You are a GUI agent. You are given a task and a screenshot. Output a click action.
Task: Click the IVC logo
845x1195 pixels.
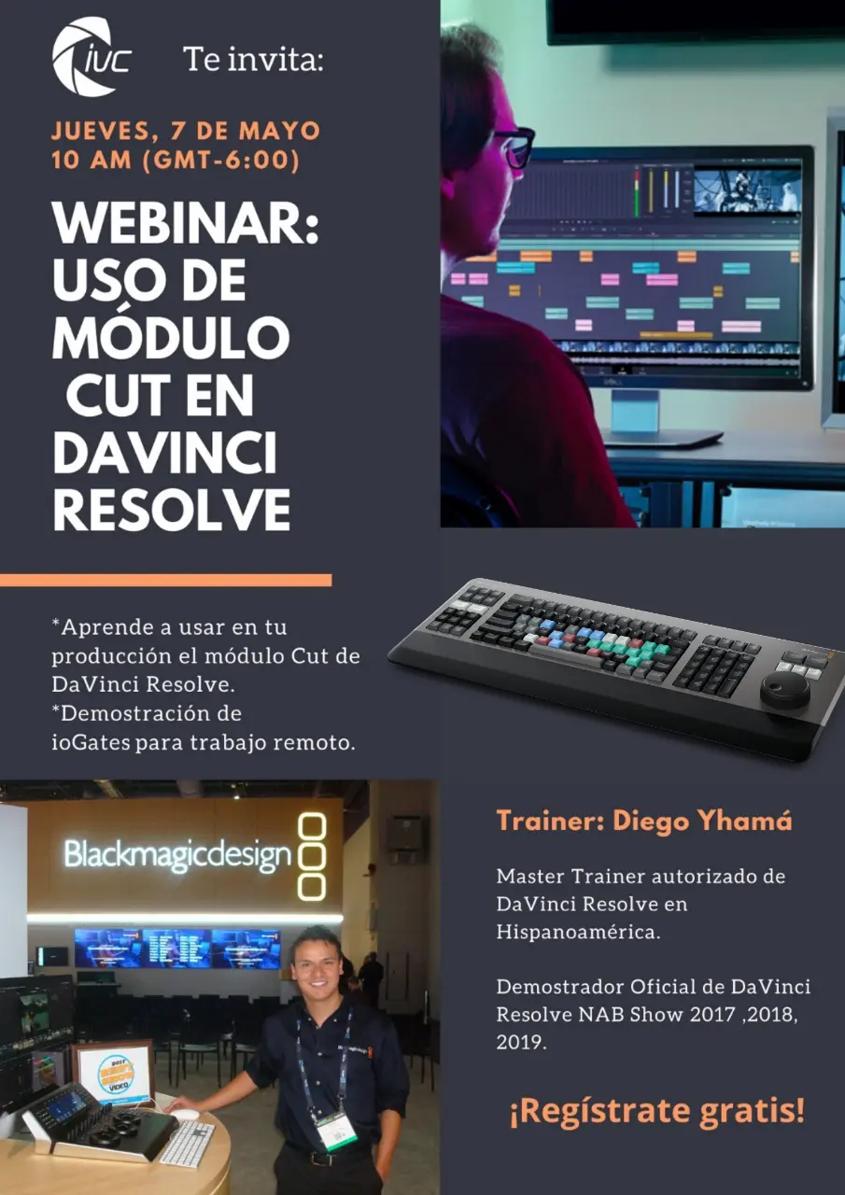92,57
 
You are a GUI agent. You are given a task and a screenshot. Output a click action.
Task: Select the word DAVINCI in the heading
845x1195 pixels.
165,453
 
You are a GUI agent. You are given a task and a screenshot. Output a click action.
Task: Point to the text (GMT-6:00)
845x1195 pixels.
221,160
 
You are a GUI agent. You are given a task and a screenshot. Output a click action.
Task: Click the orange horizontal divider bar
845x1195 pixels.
165,581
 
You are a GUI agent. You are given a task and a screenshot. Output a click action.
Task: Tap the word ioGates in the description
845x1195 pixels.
91,742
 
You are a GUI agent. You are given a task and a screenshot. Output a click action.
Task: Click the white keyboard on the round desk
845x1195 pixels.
187,1144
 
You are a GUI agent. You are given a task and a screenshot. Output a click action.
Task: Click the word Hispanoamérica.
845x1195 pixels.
578,932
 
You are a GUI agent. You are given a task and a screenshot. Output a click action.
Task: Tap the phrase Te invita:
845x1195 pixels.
253,59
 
